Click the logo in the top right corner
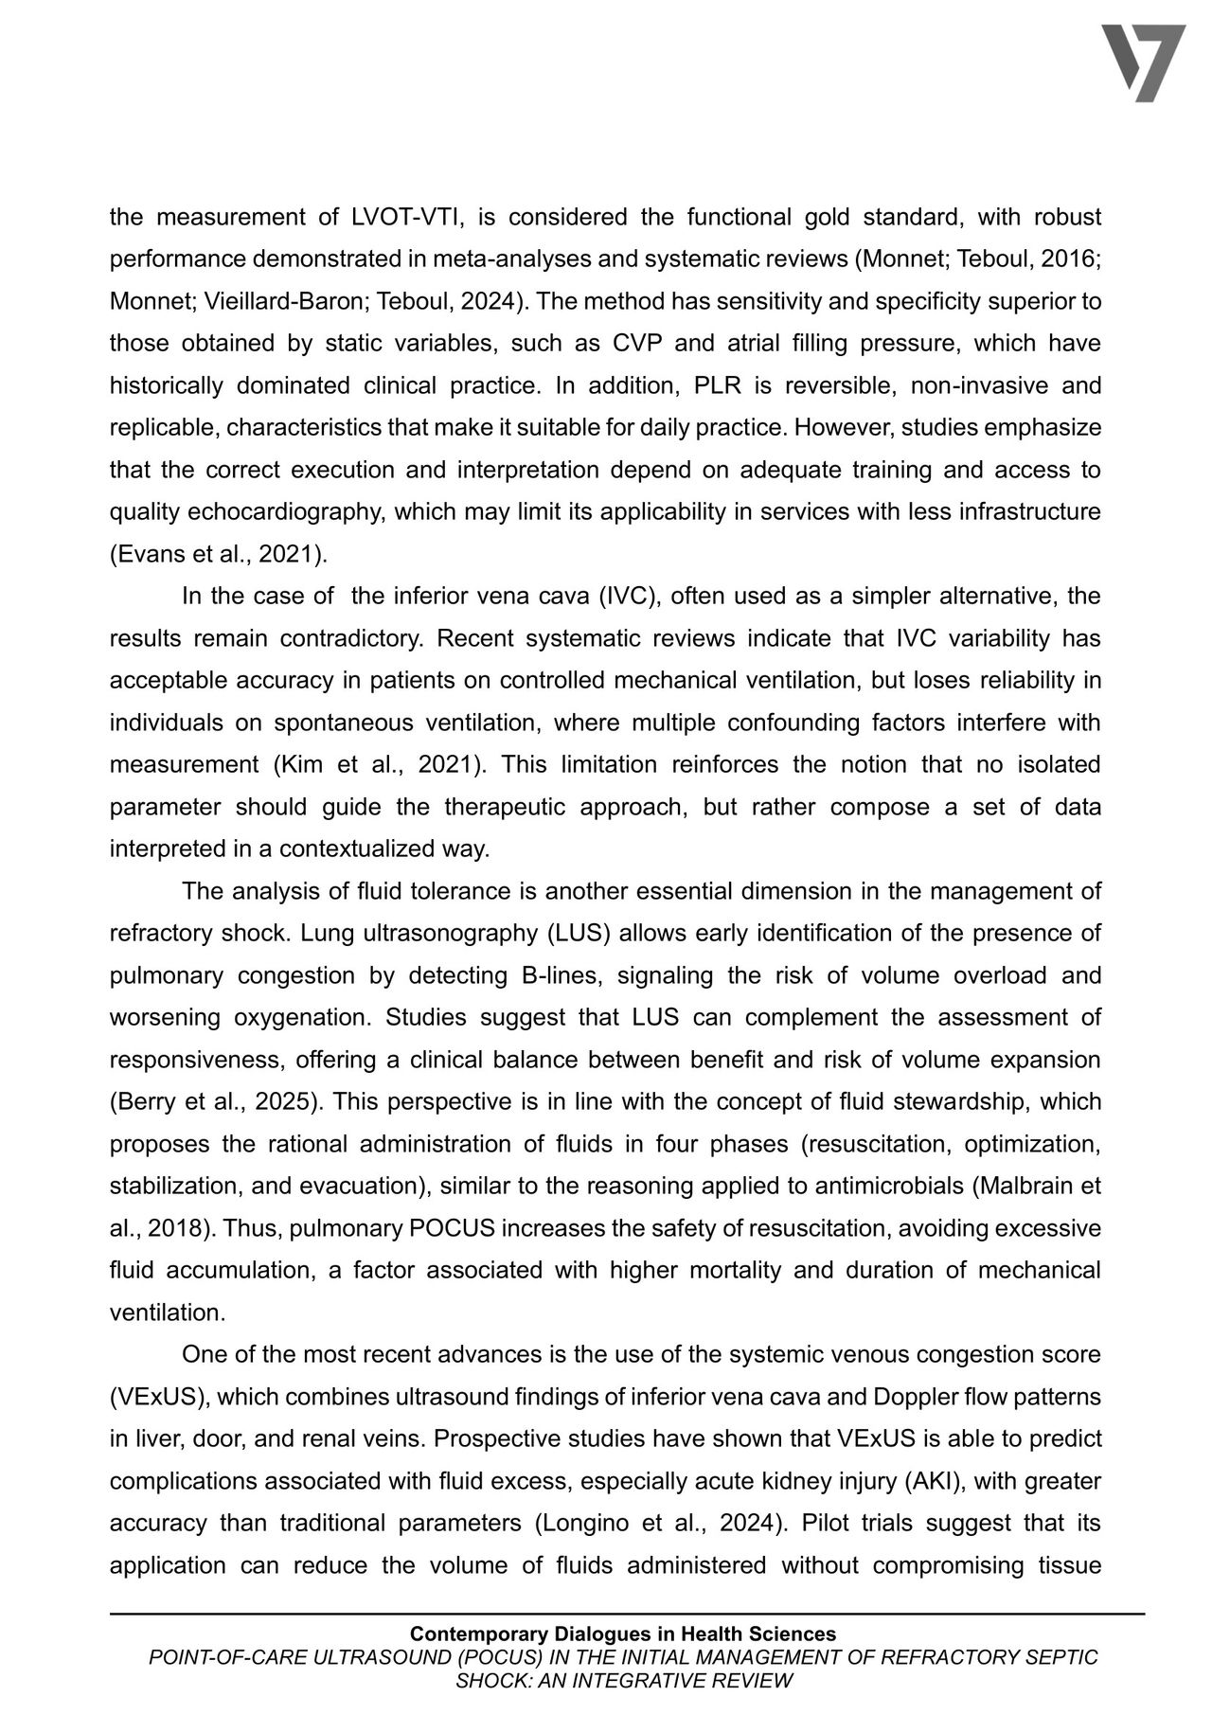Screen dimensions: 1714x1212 1143,62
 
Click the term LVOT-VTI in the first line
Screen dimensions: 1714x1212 406,217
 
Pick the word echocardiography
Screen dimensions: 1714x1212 287,511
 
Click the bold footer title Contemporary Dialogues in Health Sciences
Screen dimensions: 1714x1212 623,1634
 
